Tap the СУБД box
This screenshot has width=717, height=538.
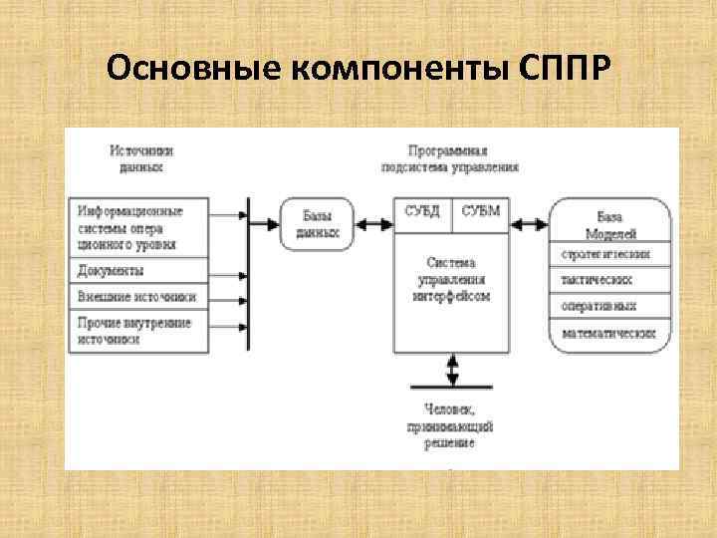tap(423, 212)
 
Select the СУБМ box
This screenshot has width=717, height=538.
tap(481, 212)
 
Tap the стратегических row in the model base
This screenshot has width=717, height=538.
tap(611, 254)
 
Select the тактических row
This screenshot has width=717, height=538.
tap(611, 280)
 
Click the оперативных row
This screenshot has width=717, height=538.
tap(611, 306)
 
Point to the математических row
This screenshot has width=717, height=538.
tap(611, 333)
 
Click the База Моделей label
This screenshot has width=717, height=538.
tap(611, 222)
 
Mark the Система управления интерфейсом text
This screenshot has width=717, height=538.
tap(452, 279)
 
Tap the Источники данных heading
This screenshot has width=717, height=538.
tap(141, 158)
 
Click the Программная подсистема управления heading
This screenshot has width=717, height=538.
tap(449, 158)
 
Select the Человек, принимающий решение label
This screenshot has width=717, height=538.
tap(455, 424)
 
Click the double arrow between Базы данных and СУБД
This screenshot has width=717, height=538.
tap(374, 223)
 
